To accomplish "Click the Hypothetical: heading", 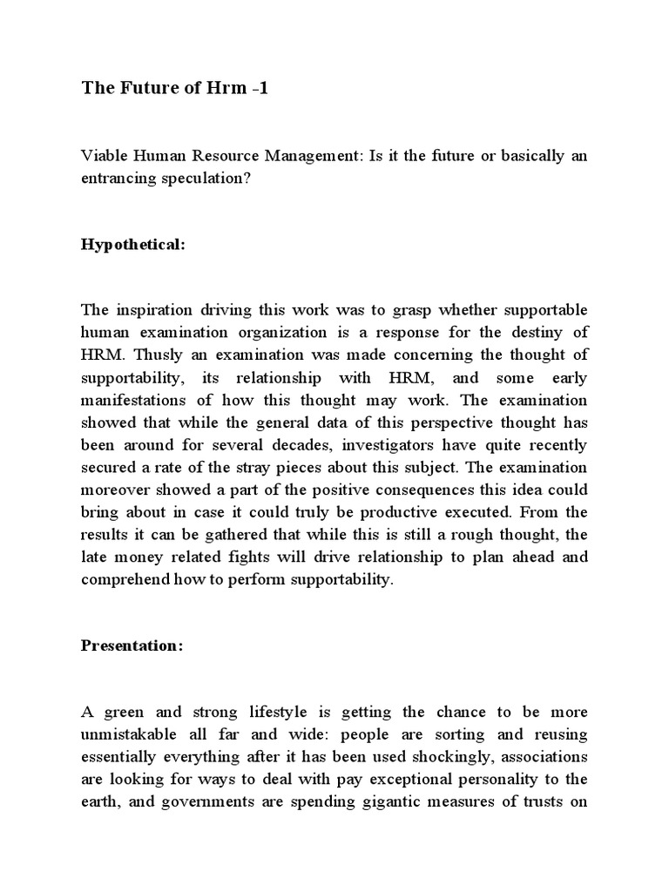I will (133, 245).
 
